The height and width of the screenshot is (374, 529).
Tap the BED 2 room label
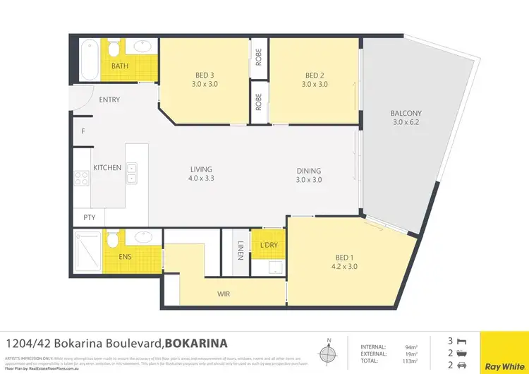click(x=314, y=76)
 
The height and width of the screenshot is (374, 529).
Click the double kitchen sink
click(x=132, y=173)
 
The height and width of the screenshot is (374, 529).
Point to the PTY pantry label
click(x=89, y=217)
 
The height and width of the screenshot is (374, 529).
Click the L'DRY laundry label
click(x=268, y=243)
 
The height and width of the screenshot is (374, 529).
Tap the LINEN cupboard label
click(x=241, y=251)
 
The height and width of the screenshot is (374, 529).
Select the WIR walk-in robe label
click(x=224, y=294)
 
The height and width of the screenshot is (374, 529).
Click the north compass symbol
click(x=326, y=352)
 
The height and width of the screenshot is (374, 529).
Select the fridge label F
click(x=83, y=131)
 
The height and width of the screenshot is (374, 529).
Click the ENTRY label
click(x=109, y=99)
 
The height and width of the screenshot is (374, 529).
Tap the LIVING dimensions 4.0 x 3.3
click(x=201, y=179)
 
